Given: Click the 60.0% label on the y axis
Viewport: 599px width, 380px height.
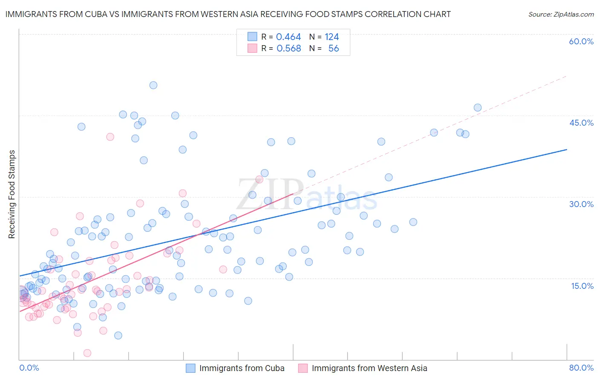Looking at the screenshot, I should (581, 41).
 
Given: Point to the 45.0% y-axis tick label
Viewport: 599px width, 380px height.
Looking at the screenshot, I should (581, 123).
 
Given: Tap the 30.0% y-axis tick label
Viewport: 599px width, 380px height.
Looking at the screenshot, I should (581, 204).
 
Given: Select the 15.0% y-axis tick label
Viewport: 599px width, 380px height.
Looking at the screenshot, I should (582, 286).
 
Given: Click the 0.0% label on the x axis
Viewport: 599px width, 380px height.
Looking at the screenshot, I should (29, 368).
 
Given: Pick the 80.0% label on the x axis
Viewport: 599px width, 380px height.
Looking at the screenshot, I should (581, 368).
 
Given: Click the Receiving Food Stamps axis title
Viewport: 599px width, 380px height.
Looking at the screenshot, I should (12, 194).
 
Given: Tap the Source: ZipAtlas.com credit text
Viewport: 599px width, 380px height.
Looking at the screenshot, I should (561, 14).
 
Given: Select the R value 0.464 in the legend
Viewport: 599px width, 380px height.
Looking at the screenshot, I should (288, 37).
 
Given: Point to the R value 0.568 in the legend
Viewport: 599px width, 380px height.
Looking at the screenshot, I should (288, 49).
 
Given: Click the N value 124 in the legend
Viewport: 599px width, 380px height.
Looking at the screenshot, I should (331, 37).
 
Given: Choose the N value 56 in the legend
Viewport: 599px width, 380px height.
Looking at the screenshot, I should (334, 49).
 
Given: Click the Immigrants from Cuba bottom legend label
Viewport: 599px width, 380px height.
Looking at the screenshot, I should (242, 368).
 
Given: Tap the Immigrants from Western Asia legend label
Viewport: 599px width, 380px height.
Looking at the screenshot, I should (369, 368).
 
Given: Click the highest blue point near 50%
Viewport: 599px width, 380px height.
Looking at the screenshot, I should (153, 85).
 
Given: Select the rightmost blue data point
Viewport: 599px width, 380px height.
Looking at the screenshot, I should (478, 108).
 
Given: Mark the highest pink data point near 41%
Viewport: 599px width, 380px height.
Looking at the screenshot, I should (110, 137).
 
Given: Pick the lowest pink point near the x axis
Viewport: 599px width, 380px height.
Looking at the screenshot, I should (87, 353).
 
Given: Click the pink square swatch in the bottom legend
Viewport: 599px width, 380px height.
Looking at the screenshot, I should (303, 368).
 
